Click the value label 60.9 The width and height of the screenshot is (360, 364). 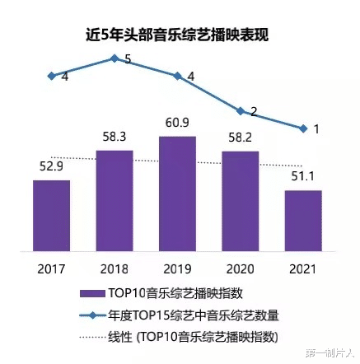pos(178,124)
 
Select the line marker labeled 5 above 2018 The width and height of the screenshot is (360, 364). pos(115,58)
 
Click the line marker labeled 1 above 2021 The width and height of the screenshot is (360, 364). pos(304,128)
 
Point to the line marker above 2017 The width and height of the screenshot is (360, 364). pos(51,76)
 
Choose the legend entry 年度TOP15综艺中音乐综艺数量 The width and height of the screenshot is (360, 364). pos(185,314)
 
